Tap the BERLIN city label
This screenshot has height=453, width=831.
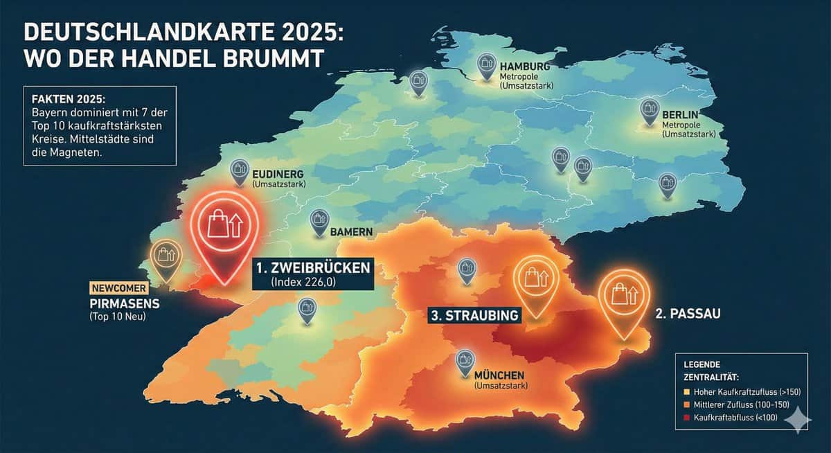click(680, 114)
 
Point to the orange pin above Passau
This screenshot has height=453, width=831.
click(622, 297)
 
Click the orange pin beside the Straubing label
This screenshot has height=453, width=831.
click(535, 282)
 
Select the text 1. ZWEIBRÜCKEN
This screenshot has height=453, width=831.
click(312, 267)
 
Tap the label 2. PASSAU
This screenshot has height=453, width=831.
click(688, 314)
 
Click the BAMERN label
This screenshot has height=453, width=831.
click(352, 231)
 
